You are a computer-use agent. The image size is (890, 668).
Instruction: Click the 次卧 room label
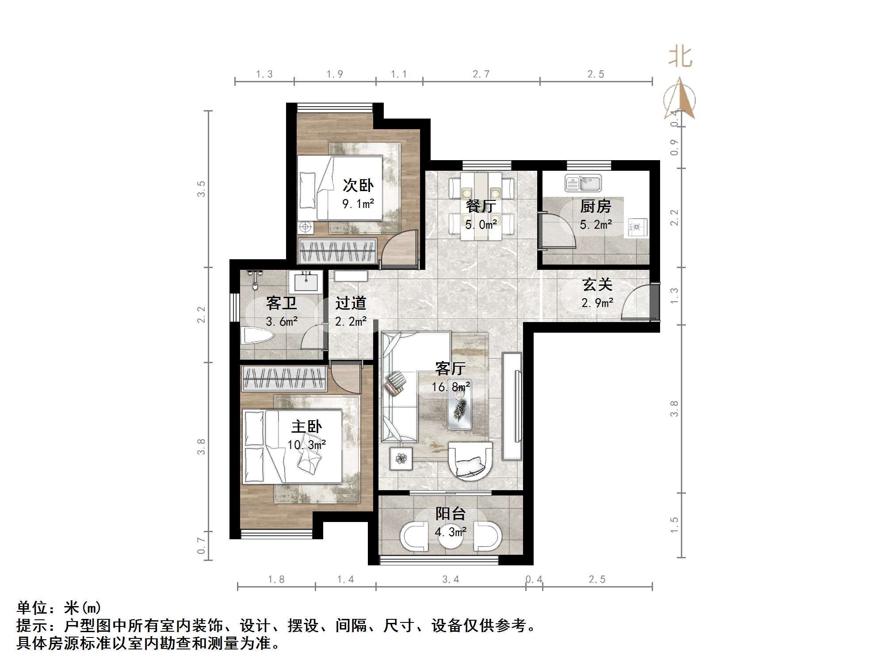(x=358, y=185)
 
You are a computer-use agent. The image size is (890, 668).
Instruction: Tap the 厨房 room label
(x=596, y=206)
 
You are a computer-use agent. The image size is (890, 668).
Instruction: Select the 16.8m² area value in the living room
(x=451, y=387)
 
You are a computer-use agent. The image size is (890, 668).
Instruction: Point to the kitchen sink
(x=583, y=183)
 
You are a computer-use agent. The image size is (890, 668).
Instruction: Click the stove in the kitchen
(x=636, y=227)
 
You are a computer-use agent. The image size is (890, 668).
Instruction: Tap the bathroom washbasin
(x=306, y=282)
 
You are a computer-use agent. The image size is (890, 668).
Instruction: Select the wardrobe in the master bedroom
(x=284, y=379)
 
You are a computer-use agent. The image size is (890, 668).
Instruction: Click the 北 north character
(x=680, y=58)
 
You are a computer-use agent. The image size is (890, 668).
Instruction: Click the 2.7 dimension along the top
(x=481, y=74)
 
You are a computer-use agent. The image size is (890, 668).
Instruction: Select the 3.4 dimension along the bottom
(x=451, y=579)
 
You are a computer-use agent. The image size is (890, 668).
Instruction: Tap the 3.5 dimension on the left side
(x=201, y=189)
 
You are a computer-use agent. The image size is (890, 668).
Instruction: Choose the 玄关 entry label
(x=597, y=284)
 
